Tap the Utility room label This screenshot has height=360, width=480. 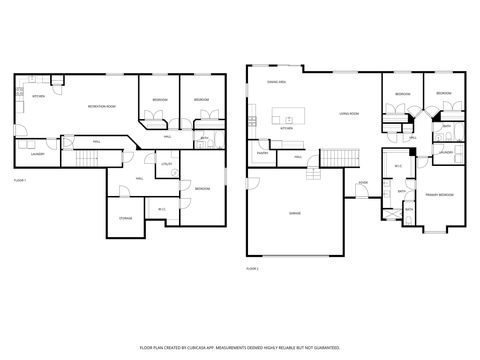166,163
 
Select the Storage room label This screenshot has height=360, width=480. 126,217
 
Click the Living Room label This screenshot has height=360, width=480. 349,114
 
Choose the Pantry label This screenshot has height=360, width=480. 262,153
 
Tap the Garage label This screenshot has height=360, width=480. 295,213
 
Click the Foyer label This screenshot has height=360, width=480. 363,183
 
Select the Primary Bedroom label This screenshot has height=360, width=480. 439,194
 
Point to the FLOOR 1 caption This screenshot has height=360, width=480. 20,180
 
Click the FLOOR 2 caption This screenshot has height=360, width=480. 252,268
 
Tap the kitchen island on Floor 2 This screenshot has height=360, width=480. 296,108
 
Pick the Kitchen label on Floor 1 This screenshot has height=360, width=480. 38,96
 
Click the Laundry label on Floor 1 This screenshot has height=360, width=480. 38,154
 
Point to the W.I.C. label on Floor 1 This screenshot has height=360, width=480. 161,208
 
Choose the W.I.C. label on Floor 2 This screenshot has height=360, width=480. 397,166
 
